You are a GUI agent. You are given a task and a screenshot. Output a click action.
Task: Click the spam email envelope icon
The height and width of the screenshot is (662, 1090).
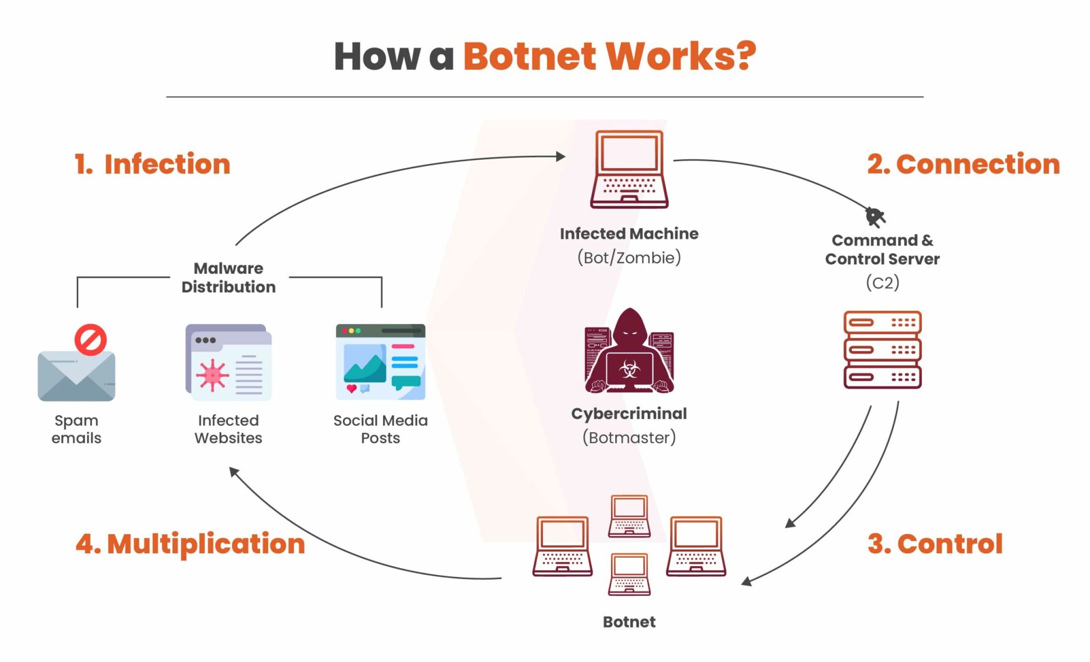click(x=76, y=375)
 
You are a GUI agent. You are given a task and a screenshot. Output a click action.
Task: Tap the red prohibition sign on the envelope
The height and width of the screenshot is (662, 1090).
click(x=90, y=340)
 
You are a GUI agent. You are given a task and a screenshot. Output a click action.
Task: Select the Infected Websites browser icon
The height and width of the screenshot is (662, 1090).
click(x=228, y=362)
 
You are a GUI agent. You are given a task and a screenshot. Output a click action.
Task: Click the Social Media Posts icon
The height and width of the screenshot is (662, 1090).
click(x=381, y=362)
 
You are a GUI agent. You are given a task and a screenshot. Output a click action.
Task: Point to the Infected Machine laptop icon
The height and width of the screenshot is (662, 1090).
click(x=629, y=169)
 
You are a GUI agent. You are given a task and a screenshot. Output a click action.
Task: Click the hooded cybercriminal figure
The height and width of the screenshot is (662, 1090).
click(x=629, y=351)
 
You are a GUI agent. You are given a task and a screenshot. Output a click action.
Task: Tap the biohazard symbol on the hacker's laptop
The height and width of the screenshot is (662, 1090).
click(x=630, y=369)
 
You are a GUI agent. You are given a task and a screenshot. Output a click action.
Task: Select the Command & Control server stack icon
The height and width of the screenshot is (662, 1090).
click(x=882, y=350)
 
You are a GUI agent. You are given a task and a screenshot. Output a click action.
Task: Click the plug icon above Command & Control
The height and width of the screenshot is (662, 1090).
click(x=874, y=217)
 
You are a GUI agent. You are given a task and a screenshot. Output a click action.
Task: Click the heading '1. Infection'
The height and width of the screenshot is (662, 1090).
click(x=152, y=164)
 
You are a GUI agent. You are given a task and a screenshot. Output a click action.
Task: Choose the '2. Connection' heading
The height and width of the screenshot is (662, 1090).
click(x=963, y=164)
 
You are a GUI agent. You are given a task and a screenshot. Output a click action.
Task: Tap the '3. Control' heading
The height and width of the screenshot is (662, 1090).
click(x=935, y=544)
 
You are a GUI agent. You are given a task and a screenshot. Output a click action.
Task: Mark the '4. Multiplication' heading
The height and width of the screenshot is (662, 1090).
click(x=191, y=544)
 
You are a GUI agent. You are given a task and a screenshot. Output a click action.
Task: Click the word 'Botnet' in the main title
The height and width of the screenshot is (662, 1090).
click(x=530, y=56)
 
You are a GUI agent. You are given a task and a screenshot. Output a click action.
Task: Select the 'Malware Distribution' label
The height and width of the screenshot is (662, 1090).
click(x=228, y=277)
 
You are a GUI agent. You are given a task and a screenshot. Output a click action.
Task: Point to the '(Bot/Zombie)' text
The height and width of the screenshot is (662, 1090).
click(x=629, y=258)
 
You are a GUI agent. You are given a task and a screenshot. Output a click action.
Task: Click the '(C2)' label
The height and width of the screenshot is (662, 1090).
click(x=882, y=282)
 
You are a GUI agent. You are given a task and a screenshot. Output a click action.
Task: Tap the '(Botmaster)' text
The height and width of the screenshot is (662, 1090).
click(x=629, y=437)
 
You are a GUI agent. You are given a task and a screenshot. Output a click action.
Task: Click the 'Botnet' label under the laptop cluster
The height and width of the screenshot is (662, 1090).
click(x=629, y=622)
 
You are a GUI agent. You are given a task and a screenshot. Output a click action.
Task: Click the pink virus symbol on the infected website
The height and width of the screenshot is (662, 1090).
click(x=212, y=375)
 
